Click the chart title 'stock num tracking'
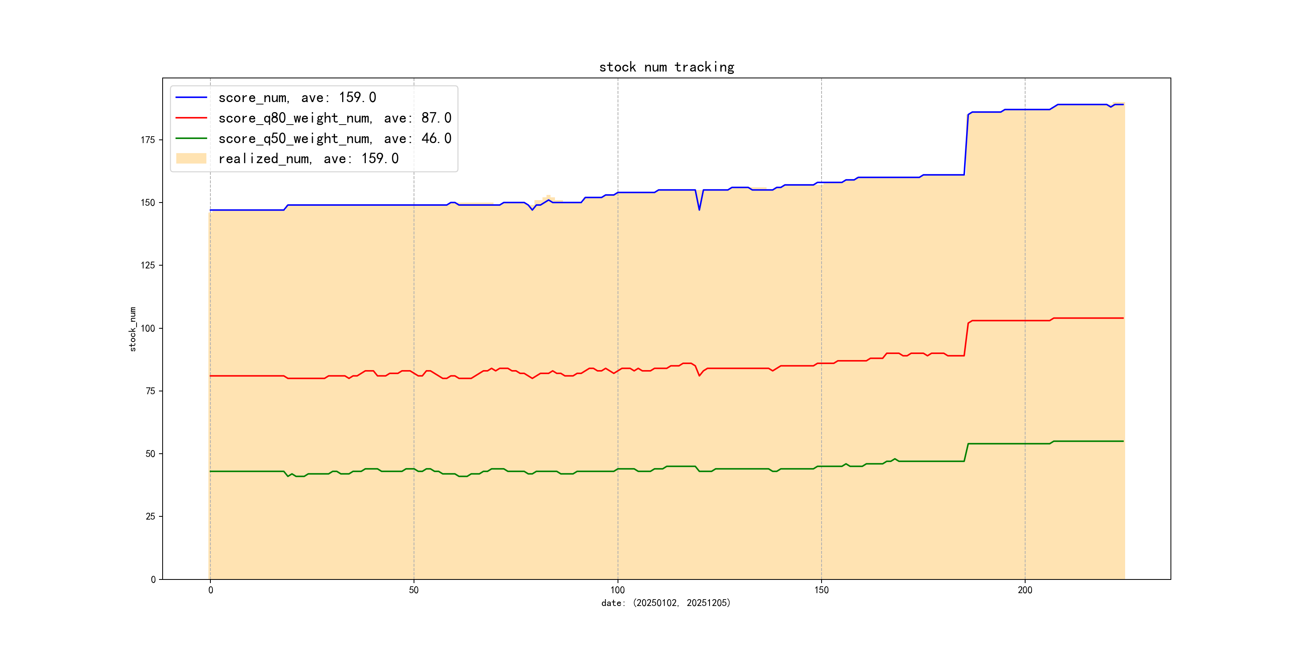click(666, 67)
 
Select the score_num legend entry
click(297, 98)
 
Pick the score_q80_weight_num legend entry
click(334, 118)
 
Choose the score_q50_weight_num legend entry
click(334, 139)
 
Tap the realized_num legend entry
click(308, 159)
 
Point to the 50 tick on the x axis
click(414, 590)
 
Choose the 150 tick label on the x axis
click(821, 590)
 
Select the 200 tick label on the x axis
click(1025, 590)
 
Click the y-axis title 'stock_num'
click(133, 329)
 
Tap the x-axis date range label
click(666, 603)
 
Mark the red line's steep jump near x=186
click(966, 339)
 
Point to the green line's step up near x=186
click(966, 452)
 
